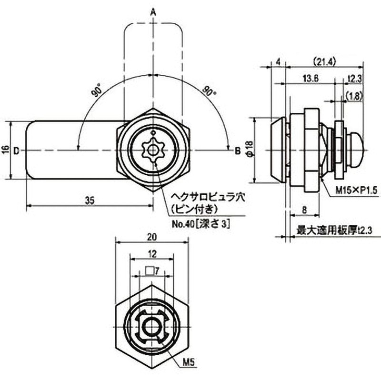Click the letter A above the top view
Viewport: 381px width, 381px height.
tap(153, 11)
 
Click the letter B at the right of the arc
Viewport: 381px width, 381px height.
tap(237, 150)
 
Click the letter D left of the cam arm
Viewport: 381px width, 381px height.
tap(16, 150)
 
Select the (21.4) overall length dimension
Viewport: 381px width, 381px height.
tap(326, 61)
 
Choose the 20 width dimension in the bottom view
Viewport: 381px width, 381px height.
tap(152, 237)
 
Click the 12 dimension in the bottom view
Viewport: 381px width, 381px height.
tap(152, 255)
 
